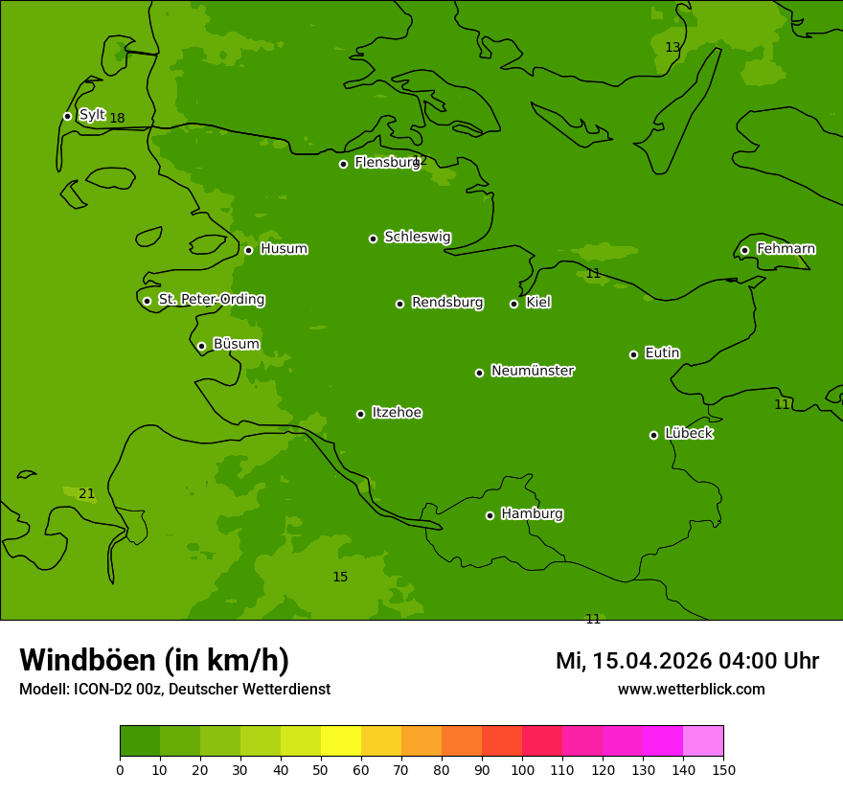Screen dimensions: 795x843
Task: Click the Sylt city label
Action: coord(92,115)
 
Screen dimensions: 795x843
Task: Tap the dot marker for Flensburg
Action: coord(343,164)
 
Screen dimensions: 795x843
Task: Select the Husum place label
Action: coord(284,249)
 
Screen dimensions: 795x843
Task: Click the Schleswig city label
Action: coord(417,237)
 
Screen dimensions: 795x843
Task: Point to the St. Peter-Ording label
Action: coord(211,300)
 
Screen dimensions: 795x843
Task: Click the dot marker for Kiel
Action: coord(513,304)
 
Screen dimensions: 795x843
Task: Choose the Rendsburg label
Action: coord(446,303)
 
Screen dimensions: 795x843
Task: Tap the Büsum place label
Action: coord(236,344)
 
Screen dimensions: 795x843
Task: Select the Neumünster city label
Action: coord(532,371)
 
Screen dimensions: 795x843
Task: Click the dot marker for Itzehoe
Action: coord(360,414)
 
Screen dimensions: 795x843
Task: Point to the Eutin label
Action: coord(662,353)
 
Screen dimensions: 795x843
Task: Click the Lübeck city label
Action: coord(688,433)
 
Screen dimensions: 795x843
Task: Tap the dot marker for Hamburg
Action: coord(490,515)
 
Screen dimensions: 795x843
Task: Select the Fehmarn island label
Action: coord(786,249)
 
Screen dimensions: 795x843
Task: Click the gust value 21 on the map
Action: coord(86,494)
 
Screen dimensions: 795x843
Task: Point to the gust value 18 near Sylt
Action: coord(117,119)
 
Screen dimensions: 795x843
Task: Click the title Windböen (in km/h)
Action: coord(154,660)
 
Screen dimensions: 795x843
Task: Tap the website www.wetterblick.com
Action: coord(691,689)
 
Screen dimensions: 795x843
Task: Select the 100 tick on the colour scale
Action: coord(522,769)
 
